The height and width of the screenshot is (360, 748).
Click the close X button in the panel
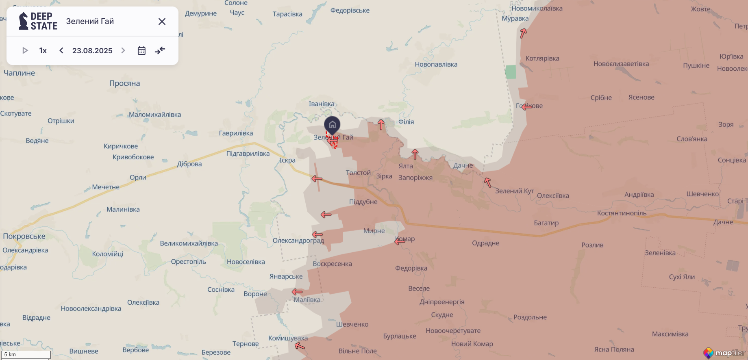(x=162, y=22)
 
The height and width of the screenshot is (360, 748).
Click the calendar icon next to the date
(x=141, y=51)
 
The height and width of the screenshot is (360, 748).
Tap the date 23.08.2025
(x=92, y=51)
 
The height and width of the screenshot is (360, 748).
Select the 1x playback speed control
(x=43, y=51)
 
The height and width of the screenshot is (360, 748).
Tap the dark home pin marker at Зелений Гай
(x=332, y=125)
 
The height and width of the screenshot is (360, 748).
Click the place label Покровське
(x=24, y=236)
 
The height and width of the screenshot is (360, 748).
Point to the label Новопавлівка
(x=436, y=65)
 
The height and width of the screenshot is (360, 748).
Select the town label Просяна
(x=124, y=83)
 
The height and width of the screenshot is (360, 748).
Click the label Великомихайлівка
(x=189, y=244)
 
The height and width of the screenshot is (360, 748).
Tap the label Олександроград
(x=298, y=241)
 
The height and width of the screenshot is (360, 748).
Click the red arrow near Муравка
(x=523, y=33)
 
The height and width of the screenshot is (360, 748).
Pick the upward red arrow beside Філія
(x=381, y=125)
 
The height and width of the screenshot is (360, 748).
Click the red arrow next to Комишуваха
(x=300, y=346)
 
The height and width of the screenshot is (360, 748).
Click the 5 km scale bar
(x=26, y=355)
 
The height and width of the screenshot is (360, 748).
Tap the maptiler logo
(x=725, y=353)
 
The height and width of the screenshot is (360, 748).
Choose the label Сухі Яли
(x=682, y=277)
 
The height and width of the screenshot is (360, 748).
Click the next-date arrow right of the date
(x=123, y=51)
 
